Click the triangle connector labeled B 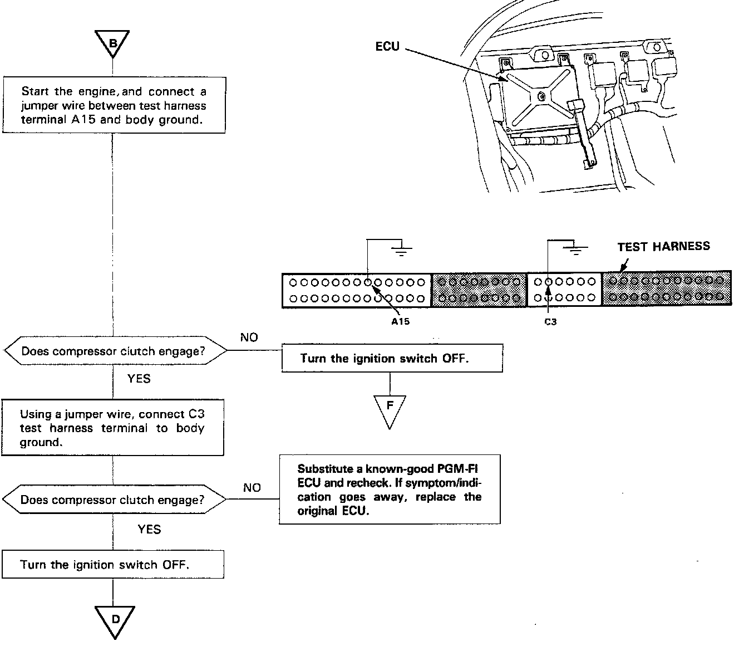112,43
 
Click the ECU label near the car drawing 387,47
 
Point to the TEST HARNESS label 663,246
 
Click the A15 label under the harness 400,321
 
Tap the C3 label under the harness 550,321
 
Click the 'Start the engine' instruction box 114,105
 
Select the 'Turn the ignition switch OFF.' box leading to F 392,358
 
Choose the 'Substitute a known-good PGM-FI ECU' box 390,490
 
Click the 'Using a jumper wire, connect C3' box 112,428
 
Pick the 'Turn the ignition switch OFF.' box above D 113,565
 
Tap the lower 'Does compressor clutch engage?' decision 114,500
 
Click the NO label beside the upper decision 249,337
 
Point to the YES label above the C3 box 139,379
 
